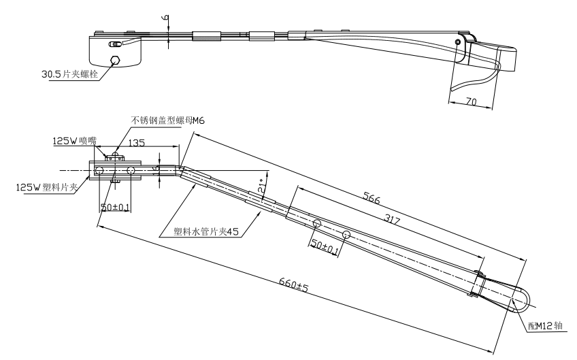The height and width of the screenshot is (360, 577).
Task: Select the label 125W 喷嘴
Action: click(75, 142)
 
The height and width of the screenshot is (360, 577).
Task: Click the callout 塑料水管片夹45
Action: click(201, 231)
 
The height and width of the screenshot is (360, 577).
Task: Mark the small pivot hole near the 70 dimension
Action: click(458, 42)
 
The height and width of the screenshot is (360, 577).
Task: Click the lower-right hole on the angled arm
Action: click(346, 235)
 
